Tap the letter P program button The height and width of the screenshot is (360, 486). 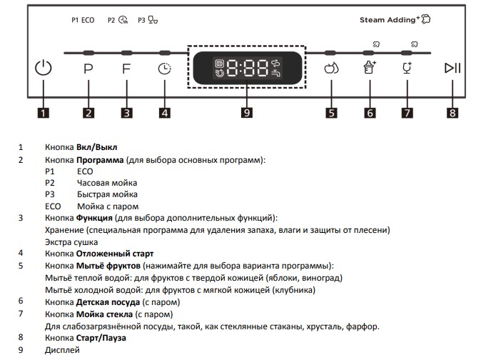(x=88, y=69)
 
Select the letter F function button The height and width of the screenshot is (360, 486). (x=126, y=69)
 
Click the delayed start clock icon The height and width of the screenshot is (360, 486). (x=165, y=69)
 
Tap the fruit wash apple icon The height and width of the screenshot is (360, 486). (x=331, y=69)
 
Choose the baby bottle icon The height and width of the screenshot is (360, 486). (x=370, y=67)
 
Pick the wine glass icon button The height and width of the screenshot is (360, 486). (x=407, y=68)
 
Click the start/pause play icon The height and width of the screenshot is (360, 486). (x=452, y=68)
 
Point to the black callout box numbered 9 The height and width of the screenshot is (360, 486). (x=247, y=112)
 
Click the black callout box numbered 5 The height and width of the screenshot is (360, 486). (x=331, y=113)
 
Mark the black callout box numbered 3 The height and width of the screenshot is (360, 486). (x=126, y=113)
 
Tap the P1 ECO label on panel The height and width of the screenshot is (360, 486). (x=83, y=20)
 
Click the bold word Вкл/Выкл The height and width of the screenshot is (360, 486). (x=97, y=147)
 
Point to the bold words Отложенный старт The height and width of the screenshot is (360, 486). (x=115, y=254)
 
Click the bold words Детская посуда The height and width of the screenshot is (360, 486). (x=108, y=302)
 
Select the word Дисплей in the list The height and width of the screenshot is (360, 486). (x=62, y=350)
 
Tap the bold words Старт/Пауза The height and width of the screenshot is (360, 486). (x=101, y=338)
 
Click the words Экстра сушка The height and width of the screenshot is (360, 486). (x=71, y=242)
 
